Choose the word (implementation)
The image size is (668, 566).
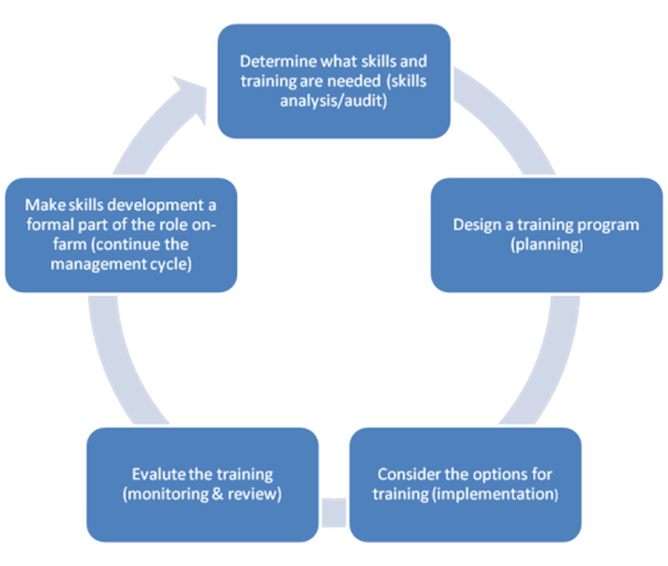point(494,494)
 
